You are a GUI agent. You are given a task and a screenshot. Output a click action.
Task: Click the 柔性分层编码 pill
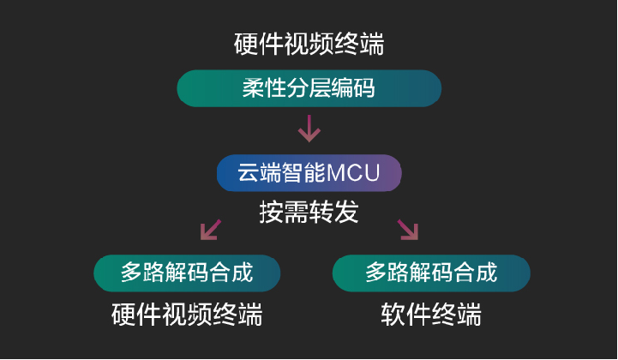coord(309,88)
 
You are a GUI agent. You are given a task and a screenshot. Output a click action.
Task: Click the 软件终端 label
coord(431,315)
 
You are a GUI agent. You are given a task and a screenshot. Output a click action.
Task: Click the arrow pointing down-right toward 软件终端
coord(407,230)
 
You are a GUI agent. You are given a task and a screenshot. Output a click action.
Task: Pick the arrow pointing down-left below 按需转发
coord(210,230)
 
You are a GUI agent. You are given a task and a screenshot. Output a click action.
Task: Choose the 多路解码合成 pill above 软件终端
coord(431,273)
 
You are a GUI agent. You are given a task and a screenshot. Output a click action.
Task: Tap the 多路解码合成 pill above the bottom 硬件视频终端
coord(187,273)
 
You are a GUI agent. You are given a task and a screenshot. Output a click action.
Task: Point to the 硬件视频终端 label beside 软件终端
coord(187,315)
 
